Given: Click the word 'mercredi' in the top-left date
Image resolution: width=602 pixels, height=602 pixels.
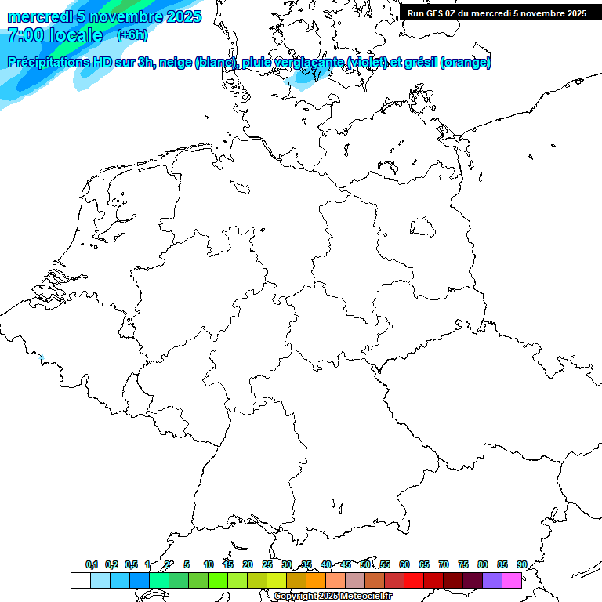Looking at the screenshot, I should pyautogui.click(x=40, y=16).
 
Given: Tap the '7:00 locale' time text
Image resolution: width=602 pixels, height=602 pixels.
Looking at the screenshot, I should pyautogui.click(x=55, y=35).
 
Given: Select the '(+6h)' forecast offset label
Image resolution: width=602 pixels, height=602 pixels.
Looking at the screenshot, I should pyautogui.click(x=132, y=35).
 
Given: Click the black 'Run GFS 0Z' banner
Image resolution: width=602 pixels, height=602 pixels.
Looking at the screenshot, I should pyautogui.click(x=497, y=13).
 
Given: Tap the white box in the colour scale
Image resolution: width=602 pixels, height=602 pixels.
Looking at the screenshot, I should pyautogui.click(x=80, y=580).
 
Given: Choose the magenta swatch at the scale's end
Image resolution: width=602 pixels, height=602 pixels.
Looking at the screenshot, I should pyautogui.click(x=512, y=580).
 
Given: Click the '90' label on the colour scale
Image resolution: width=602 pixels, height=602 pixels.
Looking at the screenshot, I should pyautogui.click(x=522, y=564).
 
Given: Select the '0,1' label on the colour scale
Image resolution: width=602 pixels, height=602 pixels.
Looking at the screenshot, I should pyautogui.click(x=92, y=564).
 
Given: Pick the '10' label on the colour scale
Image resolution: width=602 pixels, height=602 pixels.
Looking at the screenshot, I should pyautogui.click(x=209, y=564).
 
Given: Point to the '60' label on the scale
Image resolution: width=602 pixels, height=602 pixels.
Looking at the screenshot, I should pyautogui.click(x=404, y=564).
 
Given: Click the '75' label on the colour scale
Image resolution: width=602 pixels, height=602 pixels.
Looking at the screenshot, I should pyautogui.click(x=463, y=564).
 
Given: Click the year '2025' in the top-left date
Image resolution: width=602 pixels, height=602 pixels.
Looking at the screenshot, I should pyautogui.click(x=183, y=16).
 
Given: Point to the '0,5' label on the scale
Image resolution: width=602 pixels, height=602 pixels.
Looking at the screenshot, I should pyautogui.click(x=131, y=564).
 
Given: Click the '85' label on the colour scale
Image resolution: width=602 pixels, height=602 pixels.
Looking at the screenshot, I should pyautogui.click(x=502, y=564).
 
